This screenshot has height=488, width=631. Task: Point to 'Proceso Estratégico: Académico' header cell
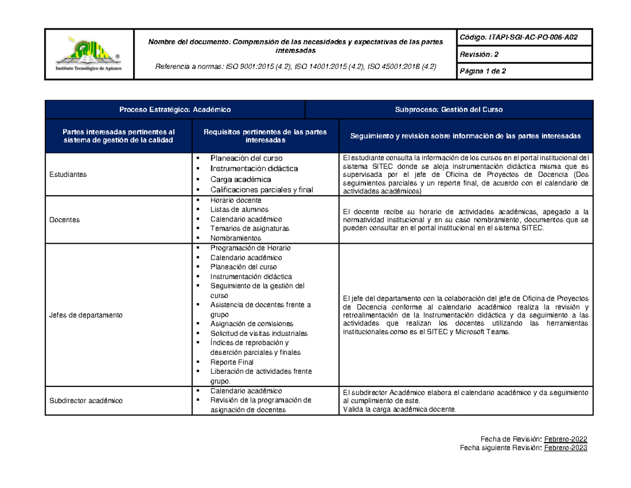point(175,109)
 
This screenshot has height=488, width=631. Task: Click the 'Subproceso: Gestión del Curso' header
point(449,109)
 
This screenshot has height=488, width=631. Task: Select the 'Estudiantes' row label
point(67,174)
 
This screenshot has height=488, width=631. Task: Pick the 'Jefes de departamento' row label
point(85,315)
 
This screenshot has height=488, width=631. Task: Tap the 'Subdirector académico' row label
point(86,401)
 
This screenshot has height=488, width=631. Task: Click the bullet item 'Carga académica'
point(241,180)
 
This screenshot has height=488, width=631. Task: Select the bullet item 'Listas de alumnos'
point(238,210)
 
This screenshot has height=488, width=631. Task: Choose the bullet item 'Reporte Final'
point(232,362)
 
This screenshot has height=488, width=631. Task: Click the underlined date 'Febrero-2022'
point(565,439)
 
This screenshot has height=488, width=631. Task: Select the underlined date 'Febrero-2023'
point(565,448)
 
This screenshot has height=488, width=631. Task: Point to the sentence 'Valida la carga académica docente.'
point(400,410)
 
